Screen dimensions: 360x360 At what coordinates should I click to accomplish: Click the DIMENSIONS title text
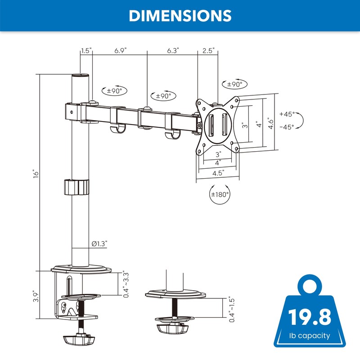[180, 16]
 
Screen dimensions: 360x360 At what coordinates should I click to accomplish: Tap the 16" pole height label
[36, 174]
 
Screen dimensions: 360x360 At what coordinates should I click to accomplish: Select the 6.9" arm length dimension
[121, 50]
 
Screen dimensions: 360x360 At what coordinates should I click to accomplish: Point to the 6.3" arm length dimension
[173, 50]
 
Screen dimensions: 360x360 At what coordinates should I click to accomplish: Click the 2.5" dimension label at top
[208, 50]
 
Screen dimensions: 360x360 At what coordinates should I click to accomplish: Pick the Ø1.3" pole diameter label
[99, 243]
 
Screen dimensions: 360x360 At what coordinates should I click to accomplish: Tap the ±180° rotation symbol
[220, 194]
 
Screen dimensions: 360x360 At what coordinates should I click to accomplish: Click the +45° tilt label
[287, 114]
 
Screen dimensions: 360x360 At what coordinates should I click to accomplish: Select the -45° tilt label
[287, 127]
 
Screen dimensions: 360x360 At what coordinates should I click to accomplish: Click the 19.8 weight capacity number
[310, 317]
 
